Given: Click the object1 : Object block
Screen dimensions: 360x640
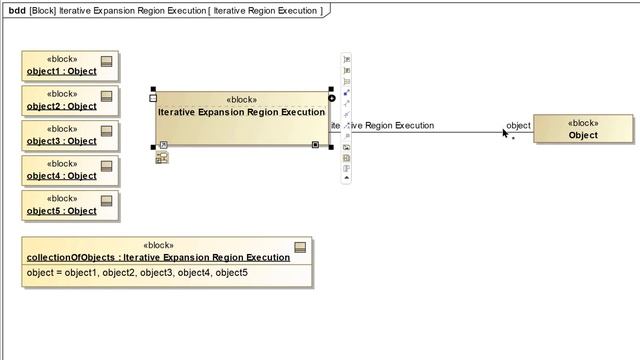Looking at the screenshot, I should point(62,71).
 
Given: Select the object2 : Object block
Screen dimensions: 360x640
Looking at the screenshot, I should point(62,106).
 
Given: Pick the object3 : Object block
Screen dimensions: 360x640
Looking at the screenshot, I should point(62,141).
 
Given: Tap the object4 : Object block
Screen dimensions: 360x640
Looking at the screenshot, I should point(62,176).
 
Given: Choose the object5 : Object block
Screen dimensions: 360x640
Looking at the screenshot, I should point(62,211).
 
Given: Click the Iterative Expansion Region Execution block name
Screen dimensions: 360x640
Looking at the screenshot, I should point(241,112).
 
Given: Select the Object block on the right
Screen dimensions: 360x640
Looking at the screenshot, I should point(583,135).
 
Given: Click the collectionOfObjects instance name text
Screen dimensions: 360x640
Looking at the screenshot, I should point(158,257).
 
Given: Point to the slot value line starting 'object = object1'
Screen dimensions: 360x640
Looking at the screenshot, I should point(138,273).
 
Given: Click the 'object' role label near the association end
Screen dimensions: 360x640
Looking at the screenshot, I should point(518,125).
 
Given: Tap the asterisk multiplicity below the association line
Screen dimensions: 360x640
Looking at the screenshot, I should point(514,140).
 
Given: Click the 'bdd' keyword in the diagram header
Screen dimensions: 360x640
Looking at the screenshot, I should point(16,10).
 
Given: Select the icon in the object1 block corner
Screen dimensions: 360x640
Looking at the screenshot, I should point(107,62).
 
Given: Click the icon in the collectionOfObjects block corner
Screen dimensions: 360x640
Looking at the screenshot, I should point(300,247).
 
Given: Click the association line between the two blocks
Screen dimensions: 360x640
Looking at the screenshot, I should point(430,132).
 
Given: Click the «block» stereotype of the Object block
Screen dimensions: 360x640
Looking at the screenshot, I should point(583,123).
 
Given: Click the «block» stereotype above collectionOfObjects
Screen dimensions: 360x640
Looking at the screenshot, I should point(158,245).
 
